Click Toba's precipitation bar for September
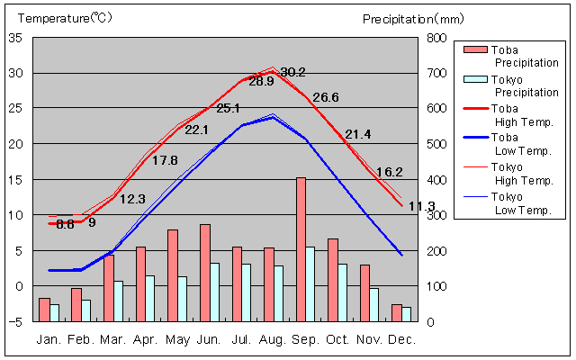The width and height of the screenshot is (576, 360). pos(301,249)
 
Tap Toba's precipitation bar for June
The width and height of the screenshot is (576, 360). pos(205,273)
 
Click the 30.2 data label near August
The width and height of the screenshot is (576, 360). pos(293,73)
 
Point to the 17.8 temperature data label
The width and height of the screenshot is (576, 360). pos(165,161)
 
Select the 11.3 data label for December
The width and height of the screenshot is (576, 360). pos(421,206)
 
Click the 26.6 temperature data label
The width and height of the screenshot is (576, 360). pos(326,98)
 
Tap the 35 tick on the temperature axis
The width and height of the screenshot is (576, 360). pos(17,38)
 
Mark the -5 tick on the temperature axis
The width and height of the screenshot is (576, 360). pos(17,321)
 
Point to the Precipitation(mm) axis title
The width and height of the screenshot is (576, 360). pos(413,18)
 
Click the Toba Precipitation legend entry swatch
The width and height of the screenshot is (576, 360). pos(475,49)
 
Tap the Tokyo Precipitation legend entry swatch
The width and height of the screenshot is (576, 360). pos(475,79)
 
